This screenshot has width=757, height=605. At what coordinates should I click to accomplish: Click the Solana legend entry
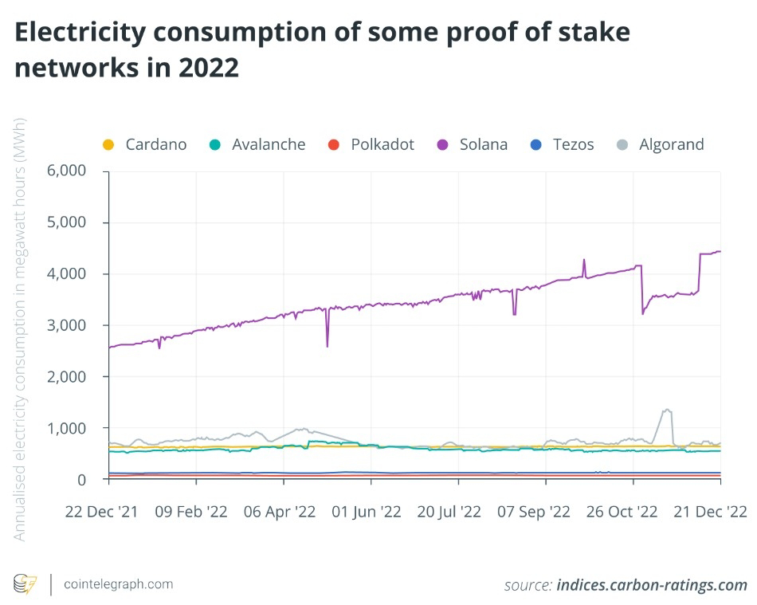472,144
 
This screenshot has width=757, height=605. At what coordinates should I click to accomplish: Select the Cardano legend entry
145,144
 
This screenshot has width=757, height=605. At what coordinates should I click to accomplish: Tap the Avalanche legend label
257,144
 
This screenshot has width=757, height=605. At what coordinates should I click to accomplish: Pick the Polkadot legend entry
371,144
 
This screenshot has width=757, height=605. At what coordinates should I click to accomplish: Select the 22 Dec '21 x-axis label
100,511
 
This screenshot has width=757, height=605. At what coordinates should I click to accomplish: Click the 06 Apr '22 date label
280,511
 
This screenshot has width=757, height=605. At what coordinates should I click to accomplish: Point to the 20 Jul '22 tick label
455,511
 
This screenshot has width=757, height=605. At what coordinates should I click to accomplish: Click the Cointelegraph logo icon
26,584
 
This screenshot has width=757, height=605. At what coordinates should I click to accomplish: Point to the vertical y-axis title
20,329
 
